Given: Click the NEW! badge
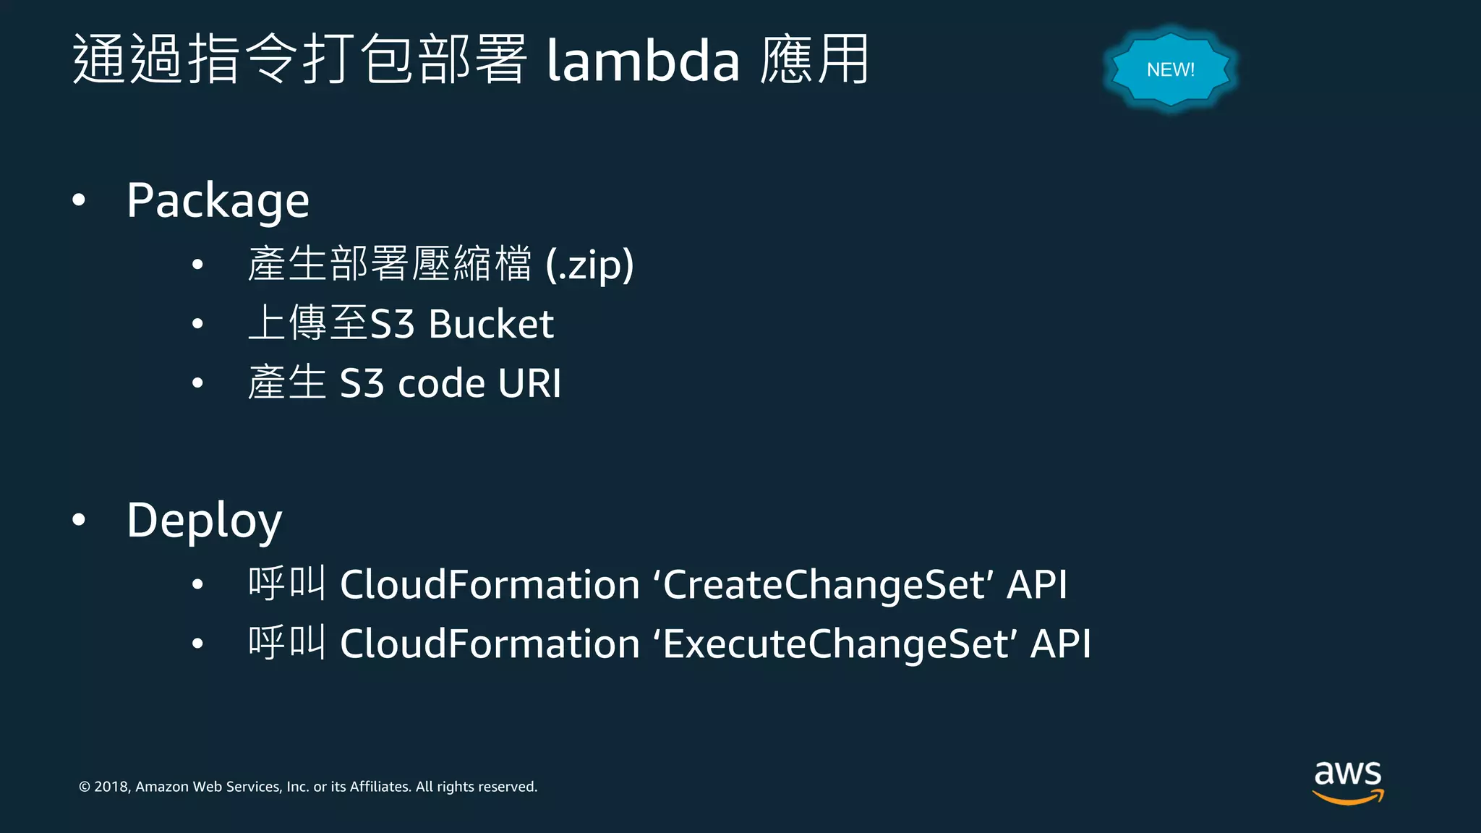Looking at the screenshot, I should pyautogui.click(x=1170, y=69).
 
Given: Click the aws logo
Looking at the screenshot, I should pyautogui.click(x=1348, y=781).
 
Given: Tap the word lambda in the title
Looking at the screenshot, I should pyautogui.click(x=643, y=61).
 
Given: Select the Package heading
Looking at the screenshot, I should pyautogui.click(x=218, y=200).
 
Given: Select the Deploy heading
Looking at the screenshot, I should pyautogui.click(x=204, y=521).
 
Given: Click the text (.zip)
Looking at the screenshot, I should pyautogui.click(x=589, y=265).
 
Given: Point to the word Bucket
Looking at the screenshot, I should pyautogui.click(x=491, y=324).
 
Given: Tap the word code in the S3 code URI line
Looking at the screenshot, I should pyautogui.click(x=441, y=383).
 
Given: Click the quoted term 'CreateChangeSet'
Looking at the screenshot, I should pyautogui.click(x=824, y=584).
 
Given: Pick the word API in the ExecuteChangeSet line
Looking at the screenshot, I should pyautogui.click(x=1060, y=644).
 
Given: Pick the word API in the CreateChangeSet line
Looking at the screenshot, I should pyautogui.click(x=1037, y=584).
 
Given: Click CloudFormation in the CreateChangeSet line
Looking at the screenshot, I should pyautogui.click(x=490, y=584).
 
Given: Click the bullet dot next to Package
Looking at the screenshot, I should pyautogui.click(x=79, y=200).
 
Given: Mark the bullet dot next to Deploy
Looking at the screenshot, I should pyautogui.click(x=79, y=519).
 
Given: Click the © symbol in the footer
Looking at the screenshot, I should pyautogui.click(x=85, y=787).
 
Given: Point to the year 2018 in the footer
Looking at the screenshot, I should pyautogui.click(x=111, y=787).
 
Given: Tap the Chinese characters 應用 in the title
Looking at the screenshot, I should pyautogui.click(x=814, y=59).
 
